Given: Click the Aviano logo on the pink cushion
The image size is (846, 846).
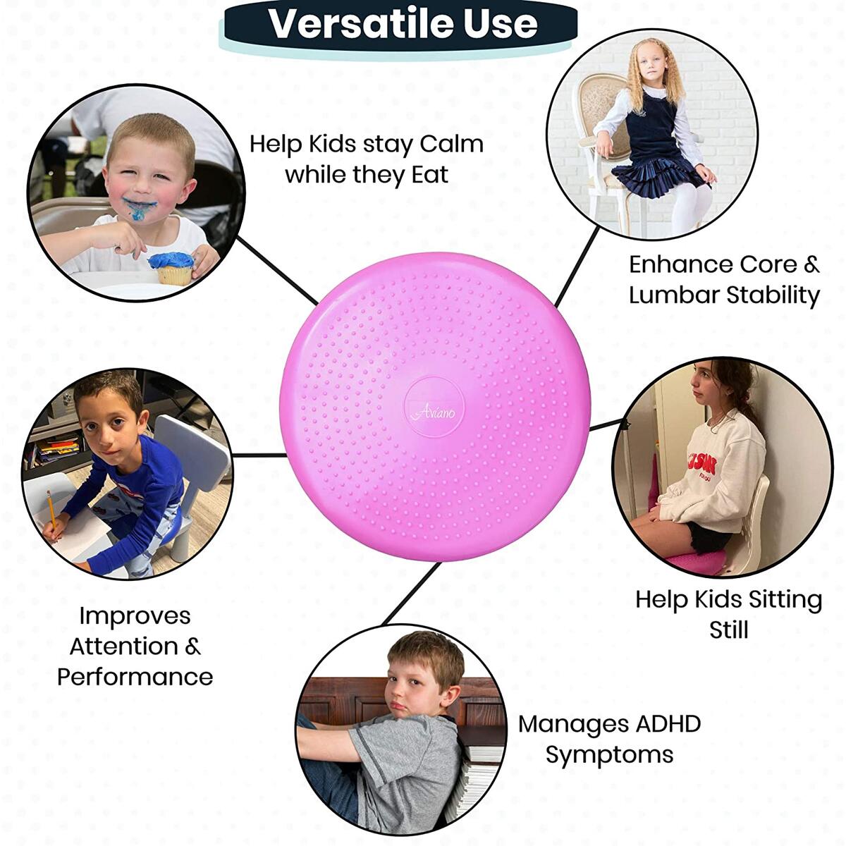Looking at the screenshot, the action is point(434,412).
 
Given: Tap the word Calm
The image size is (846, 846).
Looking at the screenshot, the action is point(451,144).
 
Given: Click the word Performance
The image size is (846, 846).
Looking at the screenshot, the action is point(135,677).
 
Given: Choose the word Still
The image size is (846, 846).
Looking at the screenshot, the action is point(729,630).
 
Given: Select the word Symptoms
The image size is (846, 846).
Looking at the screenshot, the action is point(609,754).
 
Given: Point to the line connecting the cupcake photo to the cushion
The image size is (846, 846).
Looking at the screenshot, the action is point(277,270).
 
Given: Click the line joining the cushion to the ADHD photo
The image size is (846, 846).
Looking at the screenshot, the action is point(411,594).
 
